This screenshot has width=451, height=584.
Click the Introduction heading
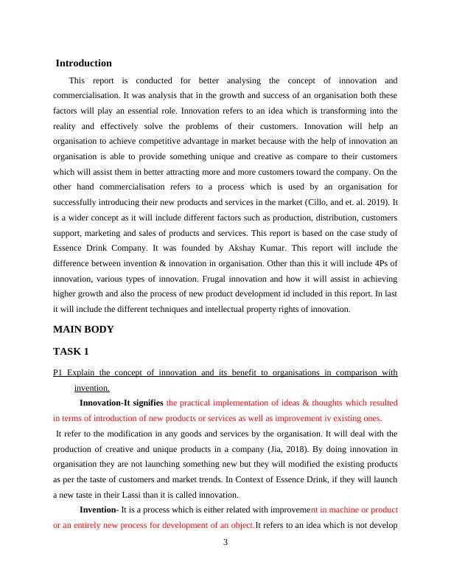tap(84, 63)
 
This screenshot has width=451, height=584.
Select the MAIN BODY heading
tap(83, 330)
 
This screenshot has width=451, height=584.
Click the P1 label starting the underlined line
tap(59, 372)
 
